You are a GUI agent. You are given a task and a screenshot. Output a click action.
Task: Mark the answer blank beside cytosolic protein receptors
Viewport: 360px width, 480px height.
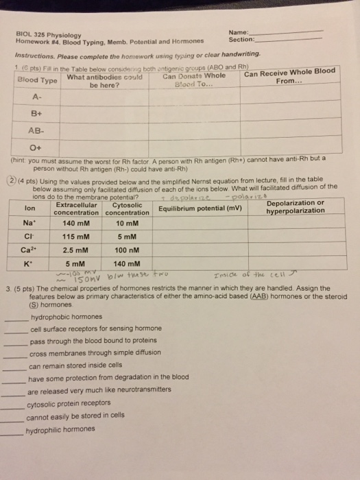(12, 407)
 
